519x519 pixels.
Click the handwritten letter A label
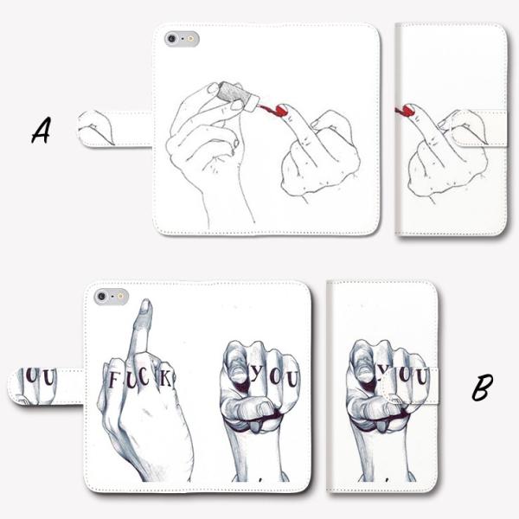coord(41,131)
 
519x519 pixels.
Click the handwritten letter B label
coord(482,388)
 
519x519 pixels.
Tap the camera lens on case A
coord(172,39)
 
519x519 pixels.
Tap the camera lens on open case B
coord(101,296)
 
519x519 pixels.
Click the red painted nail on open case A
coord(281,110)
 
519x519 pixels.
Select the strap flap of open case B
coord(46,386)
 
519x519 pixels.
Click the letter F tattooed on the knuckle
coord(112,380)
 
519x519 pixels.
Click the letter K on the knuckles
coord(165,379)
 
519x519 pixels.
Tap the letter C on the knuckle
coord(144,377)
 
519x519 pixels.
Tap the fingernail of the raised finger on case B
coord(145,306)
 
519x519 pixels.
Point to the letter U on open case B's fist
coord(292,380)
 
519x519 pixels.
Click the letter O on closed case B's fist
coord(405,375)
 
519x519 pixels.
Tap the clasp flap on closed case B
coord(410,386)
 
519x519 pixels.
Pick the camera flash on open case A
coord(190,39)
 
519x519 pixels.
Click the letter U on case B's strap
coord(48,378)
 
